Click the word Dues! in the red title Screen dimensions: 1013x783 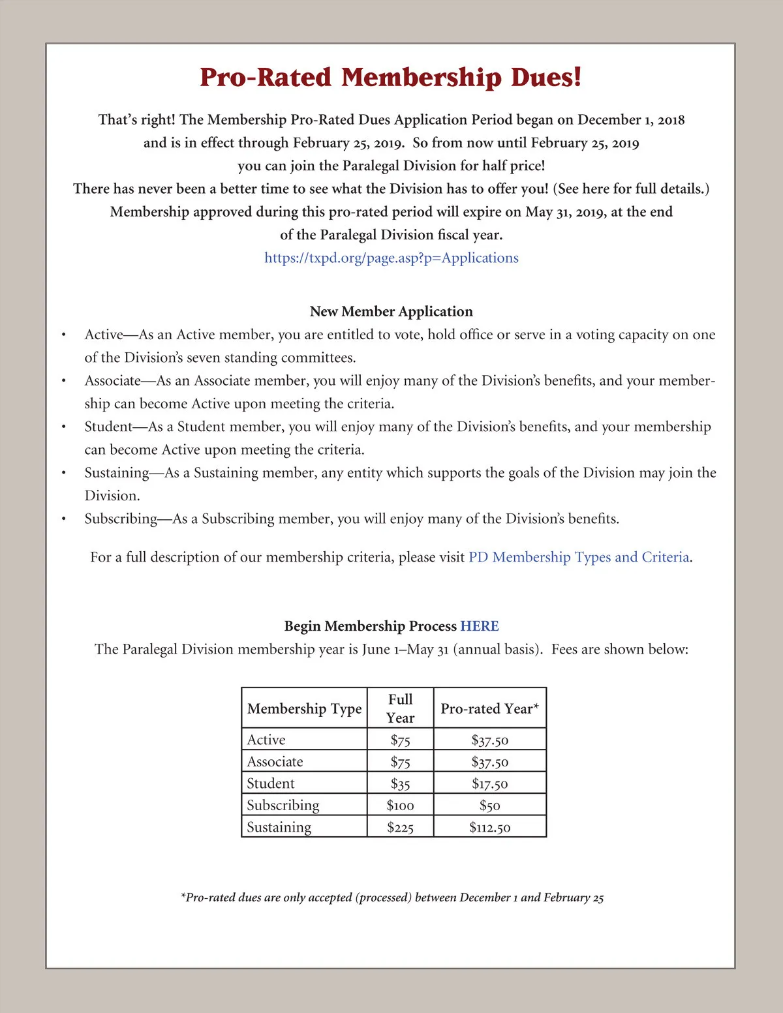pyautogui.click(x=545, y=78)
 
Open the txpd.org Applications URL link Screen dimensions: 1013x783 pyautogui.click(x=391, y=258)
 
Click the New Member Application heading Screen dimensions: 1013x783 pyautogui.click(x=391, y=312)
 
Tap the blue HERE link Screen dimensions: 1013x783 pyautogui.click(x=480, y=626)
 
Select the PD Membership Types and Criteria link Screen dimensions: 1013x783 pyautogui.click(x=579, y=557)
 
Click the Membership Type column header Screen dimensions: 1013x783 pyautogui.click(x=304, y=709)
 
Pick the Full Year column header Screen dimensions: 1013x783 pyautogui.click(x=400, y=708)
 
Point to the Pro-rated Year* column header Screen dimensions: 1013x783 pyautogui.click(x=489, y=709)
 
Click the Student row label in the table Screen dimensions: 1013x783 pyautogui.click(x=271, y=783)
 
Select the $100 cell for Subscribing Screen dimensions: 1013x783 pyautogui.click(x=400, y=806)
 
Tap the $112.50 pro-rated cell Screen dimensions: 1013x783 pyautogui.click(x=489, y=828)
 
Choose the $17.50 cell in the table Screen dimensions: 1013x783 pyautogui.click(x=489, y=784)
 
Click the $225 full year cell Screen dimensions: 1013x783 pyautogui.click(x=400, y=828)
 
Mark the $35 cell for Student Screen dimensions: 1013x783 pyautogui.click(x=400, y=784)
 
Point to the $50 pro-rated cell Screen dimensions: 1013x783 pyautogui.click(x=489, y=806)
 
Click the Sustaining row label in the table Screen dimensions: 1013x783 pyautogui.click(x=279, y=827)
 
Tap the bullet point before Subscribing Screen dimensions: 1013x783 pyautogui.click(x=63, y=519)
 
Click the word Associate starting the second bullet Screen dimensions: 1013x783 pyautogui.click(x=112, y=381)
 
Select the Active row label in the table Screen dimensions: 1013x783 pyautogui.click(x=266, y=740)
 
